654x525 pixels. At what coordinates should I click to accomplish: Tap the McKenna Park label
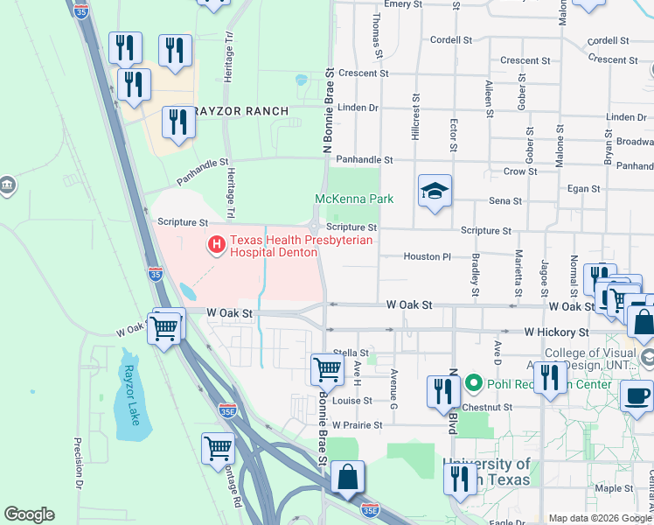click(354, 199)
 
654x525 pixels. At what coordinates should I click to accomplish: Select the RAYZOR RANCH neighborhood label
click(241, 111)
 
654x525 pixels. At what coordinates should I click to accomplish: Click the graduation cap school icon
click(435, 192)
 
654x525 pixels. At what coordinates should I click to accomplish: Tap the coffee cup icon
click(637, 395)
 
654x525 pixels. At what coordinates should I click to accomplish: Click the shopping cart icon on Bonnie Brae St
click(327, 368)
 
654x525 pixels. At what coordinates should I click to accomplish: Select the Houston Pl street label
click(427, 256)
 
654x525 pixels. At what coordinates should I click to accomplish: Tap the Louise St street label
click(352, 401)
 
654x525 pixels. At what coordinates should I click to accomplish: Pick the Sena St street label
click(504, 201)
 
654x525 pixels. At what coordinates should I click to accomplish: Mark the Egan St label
click(584, 188)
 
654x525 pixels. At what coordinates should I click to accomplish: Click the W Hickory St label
click(556, 332)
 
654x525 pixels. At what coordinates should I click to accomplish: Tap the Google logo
click(29, 514)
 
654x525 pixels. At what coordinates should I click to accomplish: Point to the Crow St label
click(519, 171)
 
